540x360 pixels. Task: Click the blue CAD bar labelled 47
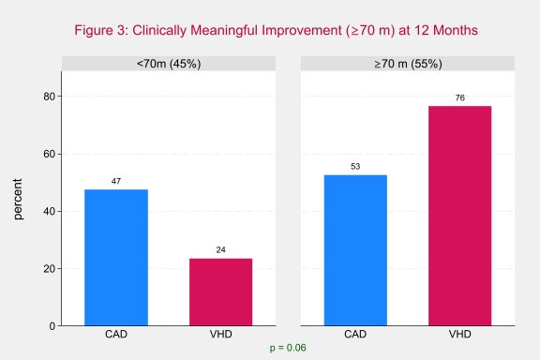(x=116, y=257)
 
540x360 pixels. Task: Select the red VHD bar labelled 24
(x=220, y=292)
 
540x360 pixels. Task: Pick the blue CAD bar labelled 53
(x=355, y=250)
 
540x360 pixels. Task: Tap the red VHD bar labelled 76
(x=459, y=216)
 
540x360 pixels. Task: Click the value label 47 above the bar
(x=116, y=181)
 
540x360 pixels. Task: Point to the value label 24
(x=220, y=249)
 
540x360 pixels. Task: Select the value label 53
(x=355, y=166)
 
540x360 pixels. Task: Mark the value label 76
(x=459, y=97)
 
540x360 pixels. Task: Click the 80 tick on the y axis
(x=50, y=97)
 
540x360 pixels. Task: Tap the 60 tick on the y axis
(x=50, y=154)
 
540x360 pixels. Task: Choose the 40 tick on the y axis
(x=50, y=211)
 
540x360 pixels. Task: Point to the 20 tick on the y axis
(x=50, y=269)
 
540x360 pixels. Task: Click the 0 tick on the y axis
(x=52, y=326)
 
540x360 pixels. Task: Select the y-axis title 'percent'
(x=18, y=199)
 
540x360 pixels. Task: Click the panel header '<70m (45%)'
(x=169, y=64)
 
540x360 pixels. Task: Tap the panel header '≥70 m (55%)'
(x=408, y=64)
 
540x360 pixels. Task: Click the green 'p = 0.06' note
(x=288, y=348)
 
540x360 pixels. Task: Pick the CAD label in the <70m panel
(x=116, y=334)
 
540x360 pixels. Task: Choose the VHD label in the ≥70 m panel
(x=459, y=334)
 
